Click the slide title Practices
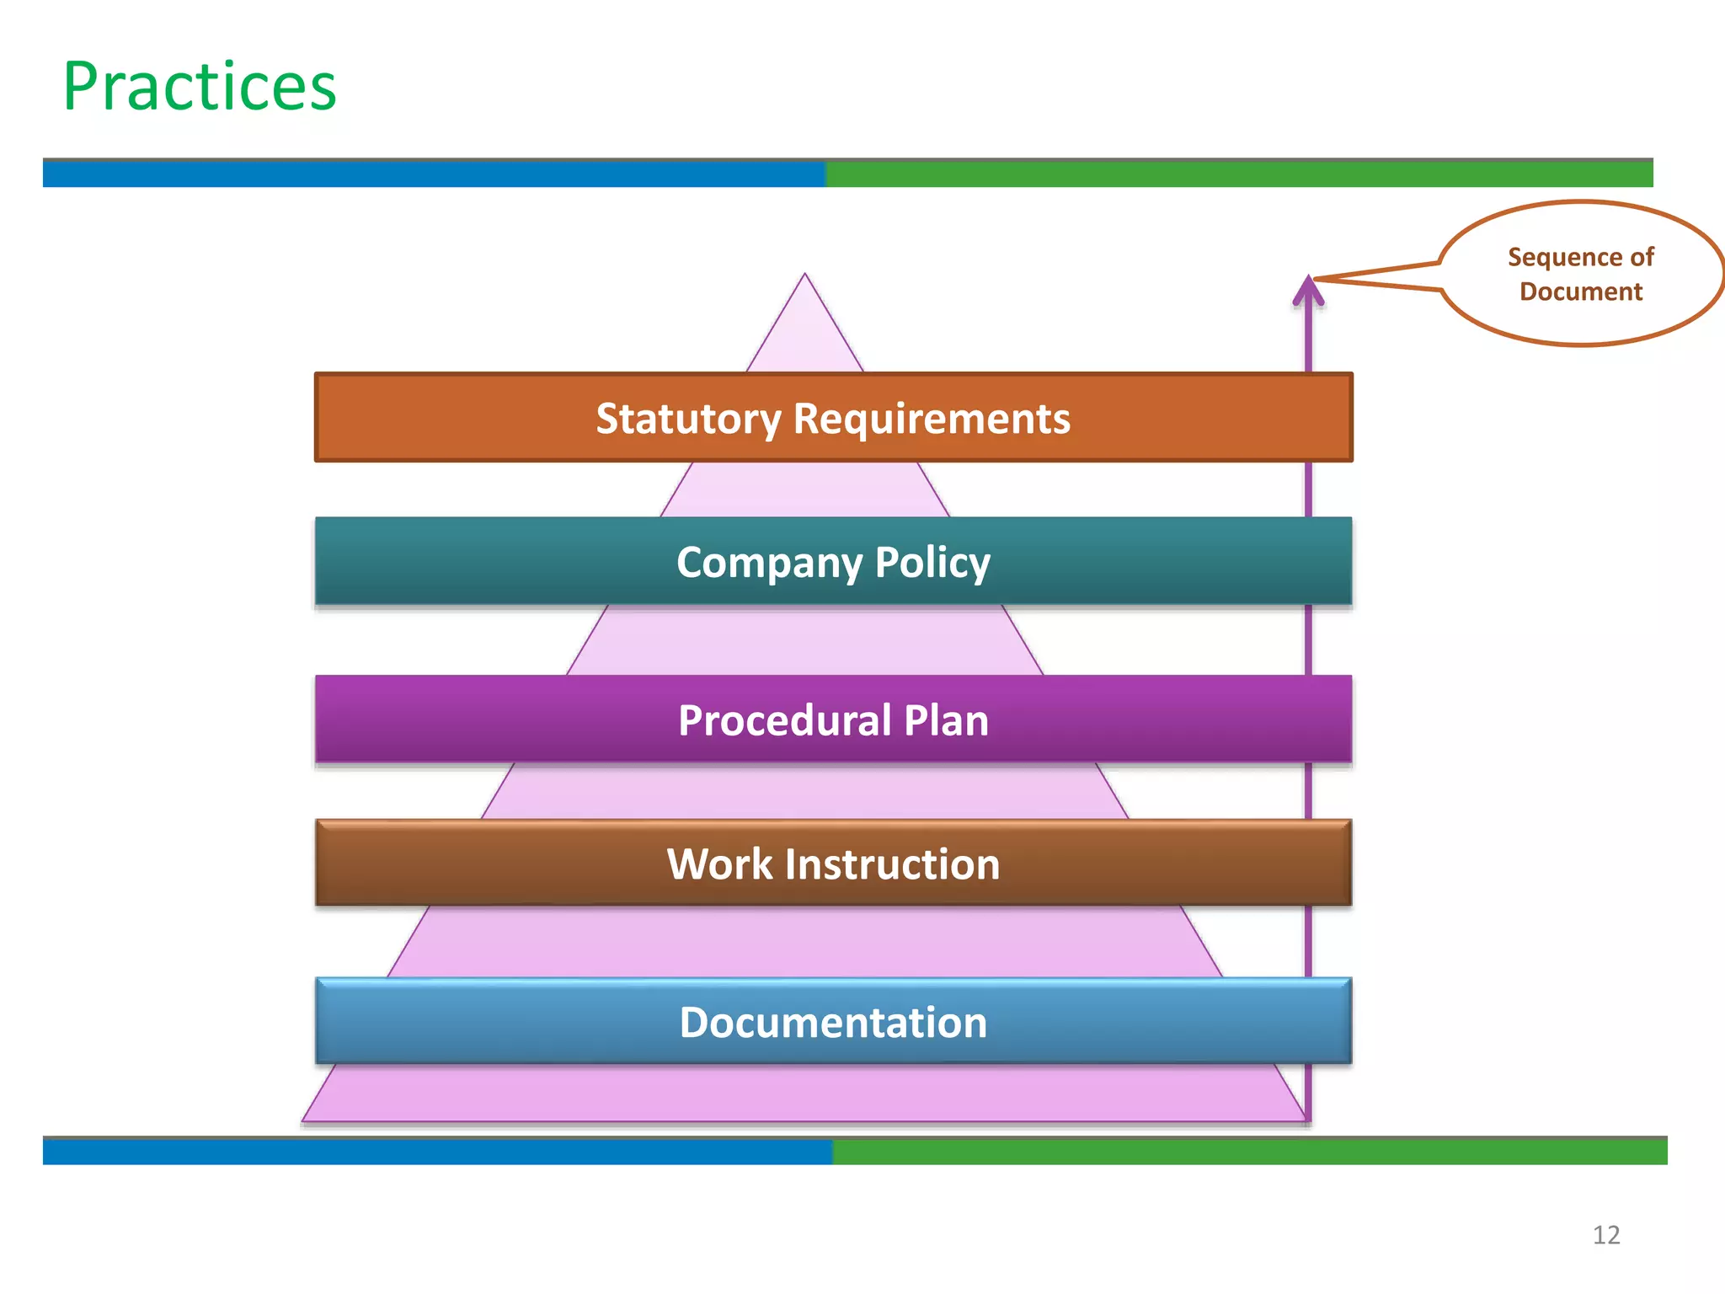pos(200,87)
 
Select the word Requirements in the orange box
pos(931,419)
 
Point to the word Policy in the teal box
pos(932,563)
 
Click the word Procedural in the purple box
pos(784,721)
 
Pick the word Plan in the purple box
pos(946,721)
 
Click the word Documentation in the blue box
pos(833,1023)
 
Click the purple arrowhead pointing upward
pos(1308,291)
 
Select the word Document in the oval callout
pos(1581,291)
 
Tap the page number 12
pos(1605,1235)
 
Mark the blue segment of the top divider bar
pos(434,174)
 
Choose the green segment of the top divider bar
pos(1238,174)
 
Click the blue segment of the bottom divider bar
pos(438,1152)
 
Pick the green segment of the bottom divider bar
pos(1250,1152)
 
